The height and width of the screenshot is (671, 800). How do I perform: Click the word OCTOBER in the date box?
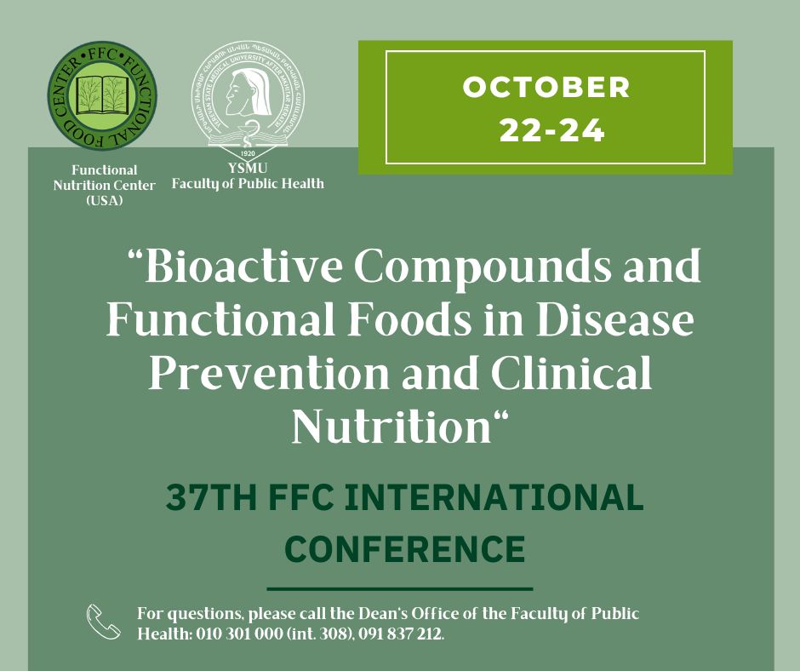point(546,87)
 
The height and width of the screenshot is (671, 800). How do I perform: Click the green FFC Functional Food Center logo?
point(101,97)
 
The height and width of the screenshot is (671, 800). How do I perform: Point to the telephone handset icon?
point(104,622)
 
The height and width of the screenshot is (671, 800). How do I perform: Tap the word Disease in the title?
point(628,322)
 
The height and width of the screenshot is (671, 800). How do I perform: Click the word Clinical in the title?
point(570,375)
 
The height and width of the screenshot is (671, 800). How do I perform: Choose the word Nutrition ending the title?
point(393,427)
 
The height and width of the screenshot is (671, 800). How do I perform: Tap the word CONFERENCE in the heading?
point(404,549)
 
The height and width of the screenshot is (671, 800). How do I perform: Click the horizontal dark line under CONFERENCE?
point(400,588)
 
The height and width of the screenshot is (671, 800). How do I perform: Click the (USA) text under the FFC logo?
point(104,200)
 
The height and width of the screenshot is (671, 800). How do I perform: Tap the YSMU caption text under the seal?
point(249,169)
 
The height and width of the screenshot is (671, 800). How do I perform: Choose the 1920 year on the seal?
point(249,153)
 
